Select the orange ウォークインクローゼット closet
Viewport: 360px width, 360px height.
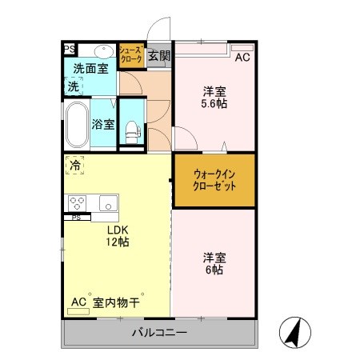(x=213, y=180)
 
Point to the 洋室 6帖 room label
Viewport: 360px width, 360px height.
(x=213, y=264)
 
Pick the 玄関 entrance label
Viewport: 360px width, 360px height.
(x=159, y=56)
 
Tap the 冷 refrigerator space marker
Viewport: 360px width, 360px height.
(x=74, y=166)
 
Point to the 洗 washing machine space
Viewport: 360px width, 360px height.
(x=74, y=86)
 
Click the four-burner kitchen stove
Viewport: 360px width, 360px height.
(x=78, y=202)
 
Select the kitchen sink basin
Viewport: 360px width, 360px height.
(x=109, y=202)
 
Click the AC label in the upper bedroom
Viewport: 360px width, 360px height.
(x=242, y=57)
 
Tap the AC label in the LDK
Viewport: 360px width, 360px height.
(x=78, y=302)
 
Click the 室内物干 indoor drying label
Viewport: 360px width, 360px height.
(x=117, y=302)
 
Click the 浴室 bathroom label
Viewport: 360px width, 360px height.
(x=102, y=125)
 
